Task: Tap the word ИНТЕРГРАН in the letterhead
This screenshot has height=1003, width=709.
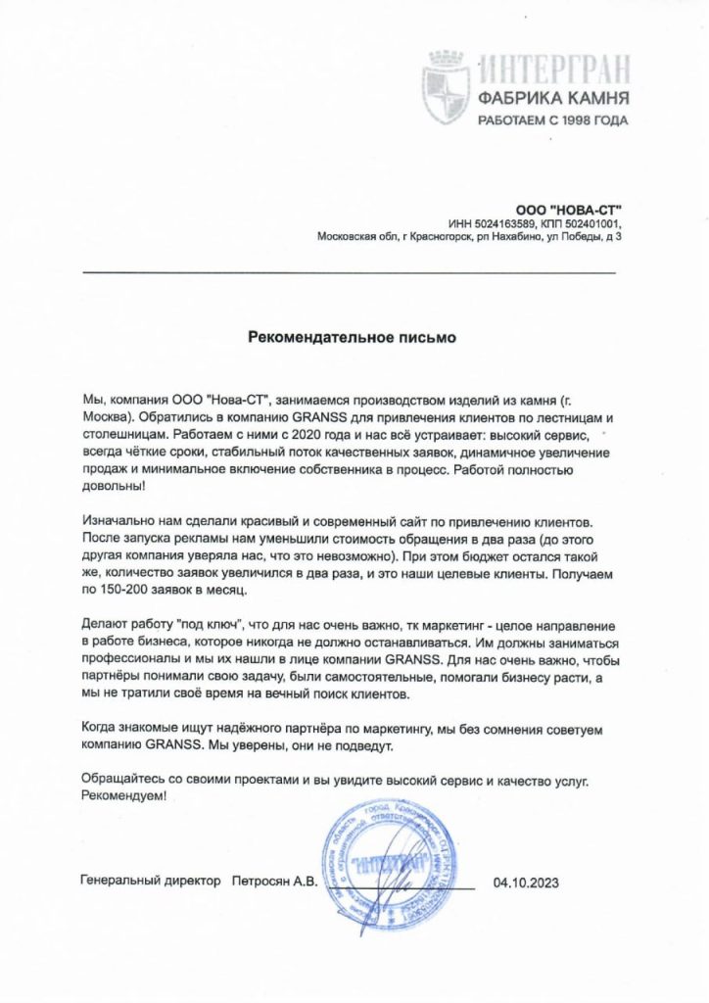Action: coord(553,71)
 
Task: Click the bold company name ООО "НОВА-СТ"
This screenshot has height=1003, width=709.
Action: coord(568,209)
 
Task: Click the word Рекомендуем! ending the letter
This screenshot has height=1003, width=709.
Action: coord(125,797)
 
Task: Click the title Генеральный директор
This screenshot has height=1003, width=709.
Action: coord(151,882)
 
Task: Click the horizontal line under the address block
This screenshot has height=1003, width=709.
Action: coord(350,270)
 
